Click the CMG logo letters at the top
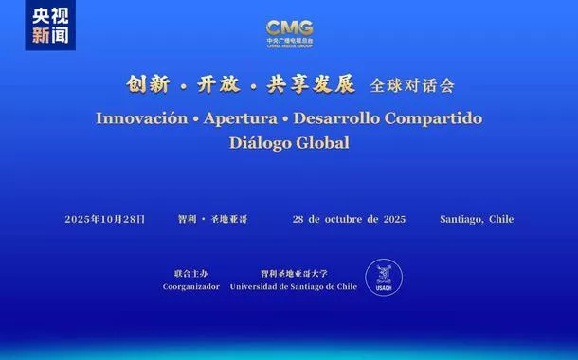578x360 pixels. coord(289,28)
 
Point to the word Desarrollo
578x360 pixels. coord(343,118)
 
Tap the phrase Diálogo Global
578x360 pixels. coord(289,143)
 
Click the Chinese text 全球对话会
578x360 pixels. coord(412,85)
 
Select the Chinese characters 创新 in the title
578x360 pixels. coord(147,84)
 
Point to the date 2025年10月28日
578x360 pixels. coord(105,219)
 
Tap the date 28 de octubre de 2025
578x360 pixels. coord(350,219)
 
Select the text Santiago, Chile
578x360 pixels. coord(477,219)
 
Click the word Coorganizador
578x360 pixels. coord(190,285)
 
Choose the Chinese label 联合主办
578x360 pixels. coord(190,272)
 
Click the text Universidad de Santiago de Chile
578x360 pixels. coord(294,285)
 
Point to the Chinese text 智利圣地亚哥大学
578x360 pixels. coord(294,272)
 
